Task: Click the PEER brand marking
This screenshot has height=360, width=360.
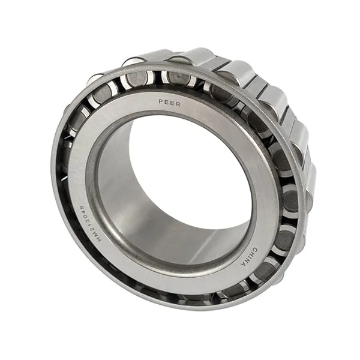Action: tap(170, 103)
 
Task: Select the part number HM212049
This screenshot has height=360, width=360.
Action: tap(86, 217)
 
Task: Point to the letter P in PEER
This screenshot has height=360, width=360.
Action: tap(161, 102)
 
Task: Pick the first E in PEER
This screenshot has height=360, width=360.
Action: tap(167, 102)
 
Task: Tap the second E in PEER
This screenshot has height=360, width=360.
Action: tap(173, 103)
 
